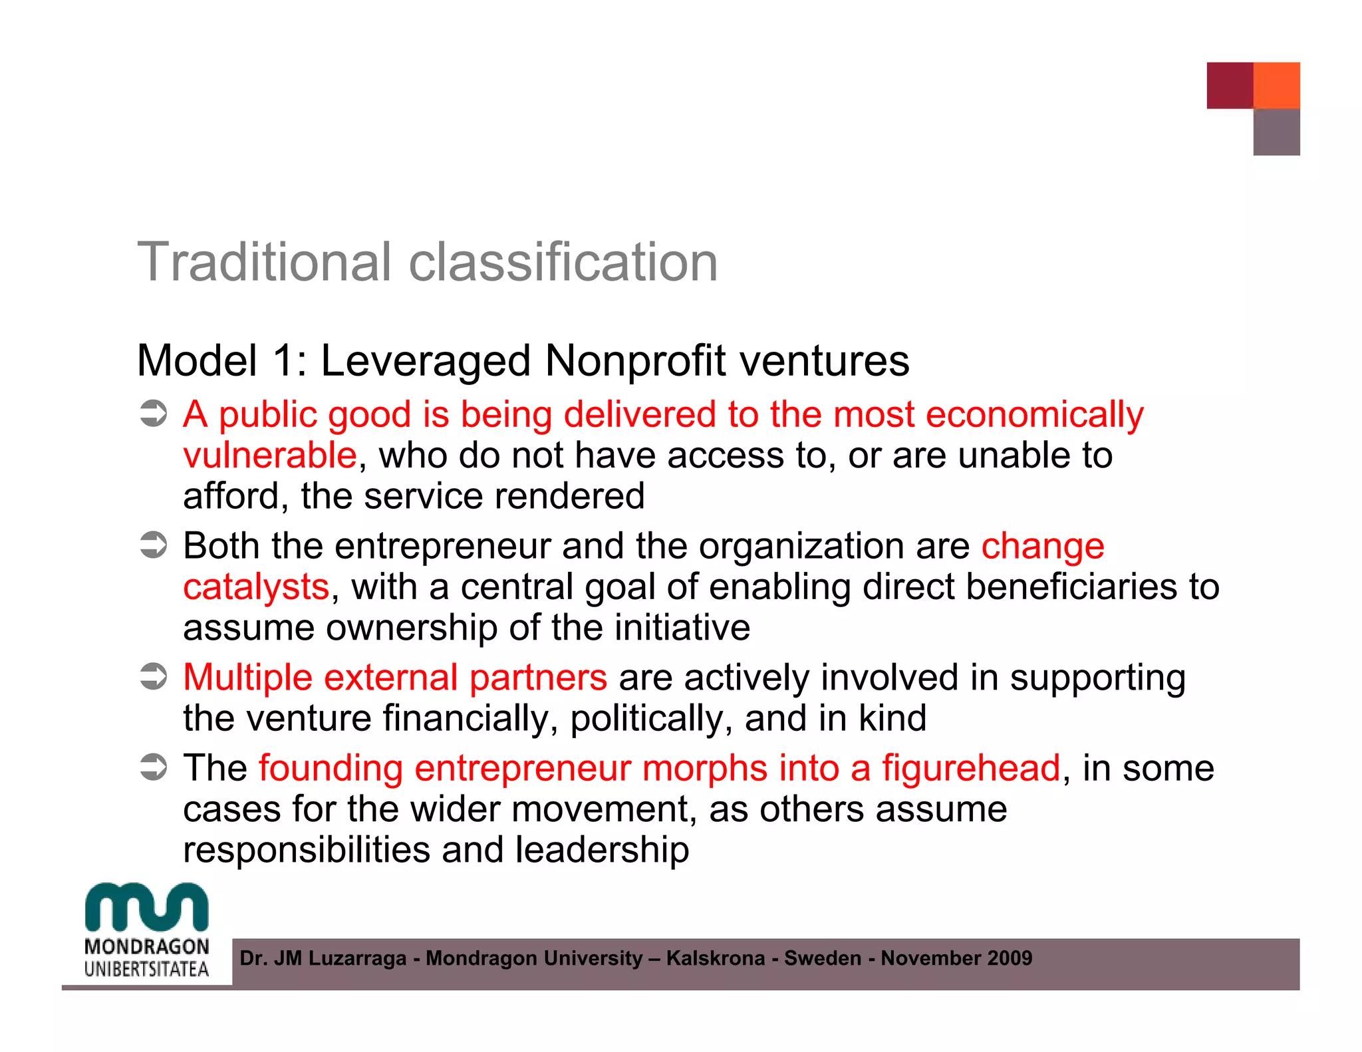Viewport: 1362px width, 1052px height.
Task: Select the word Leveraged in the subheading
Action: click(x=426, y=361)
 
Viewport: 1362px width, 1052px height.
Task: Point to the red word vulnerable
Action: click(x=270, y=456)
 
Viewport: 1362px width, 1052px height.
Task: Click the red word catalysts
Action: click(x=256, y=588)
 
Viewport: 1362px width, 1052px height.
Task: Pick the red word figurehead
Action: click(x=971, y=769)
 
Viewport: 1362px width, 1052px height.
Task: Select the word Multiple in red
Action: click(x=247, y=678)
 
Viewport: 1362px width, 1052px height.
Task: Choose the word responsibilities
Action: click(x=307, y=851)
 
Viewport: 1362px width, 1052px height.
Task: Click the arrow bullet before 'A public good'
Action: click(x=154, y=414)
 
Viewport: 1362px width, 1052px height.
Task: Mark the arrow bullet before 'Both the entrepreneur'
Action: click(x=154, y=546)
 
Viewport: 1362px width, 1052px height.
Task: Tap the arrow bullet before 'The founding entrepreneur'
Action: click(x=154, y=768)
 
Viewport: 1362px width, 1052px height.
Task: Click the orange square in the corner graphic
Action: click(x=1276, y=85)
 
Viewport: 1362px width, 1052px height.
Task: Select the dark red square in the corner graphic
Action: click(x=1230, y=85)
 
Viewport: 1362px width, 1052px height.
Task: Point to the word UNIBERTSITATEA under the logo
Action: click(x=147, y=969)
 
